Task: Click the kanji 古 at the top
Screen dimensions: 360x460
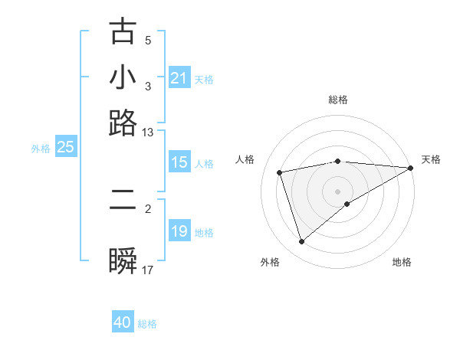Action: pyautogui.click(x=123, y=32)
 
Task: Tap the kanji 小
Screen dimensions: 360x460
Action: pyautogui.click(x=123, y=77)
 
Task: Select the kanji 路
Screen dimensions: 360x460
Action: pyautogui.click(x=123, y=123)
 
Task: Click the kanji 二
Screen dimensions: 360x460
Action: pyautogui.click(x=123, y=201)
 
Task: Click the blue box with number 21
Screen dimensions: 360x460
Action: pyautogui.click(x=179, y=78)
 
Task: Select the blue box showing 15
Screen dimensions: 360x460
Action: pyautogui.click(x=179, y=162)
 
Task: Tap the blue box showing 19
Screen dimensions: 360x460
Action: pyautogui.click(x=179, y=231)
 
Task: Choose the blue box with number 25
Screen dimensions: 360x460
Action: pyautogui.click(x=65, y=148)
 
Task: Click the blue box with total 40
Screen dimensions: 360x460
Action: pyautogui.click(x=123, y=322)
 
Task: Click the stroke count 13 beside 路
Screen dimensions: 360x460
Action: pyautogui.click(x=148, y=133)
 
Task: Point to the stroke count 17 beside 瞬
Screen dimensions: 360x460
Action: pyautogui.click(x=148, y=270)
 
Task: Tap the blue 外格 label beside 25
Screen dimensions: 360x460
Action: pyautogui.click(x=40, y=149)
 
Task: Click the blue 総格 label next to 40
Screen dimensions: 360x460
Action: pyautogui.click(x=147, y=324)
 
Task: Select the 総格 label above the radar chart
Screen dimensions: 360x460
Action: pyautogui.click(x=338, y=100)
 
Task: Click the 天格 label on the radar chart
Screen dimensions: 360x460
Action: pyautogui.click(x=431, y=159)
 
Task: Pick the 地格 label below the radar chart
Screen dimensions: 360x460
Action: pyautogui.click(x=402, y=262)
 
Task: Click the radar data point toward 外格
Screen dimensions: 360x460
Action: pyautogui.click(x=301, y=242)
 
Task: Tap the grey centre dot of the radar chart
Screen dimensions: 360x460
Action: pyautogui.click(x=338, y=191)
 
